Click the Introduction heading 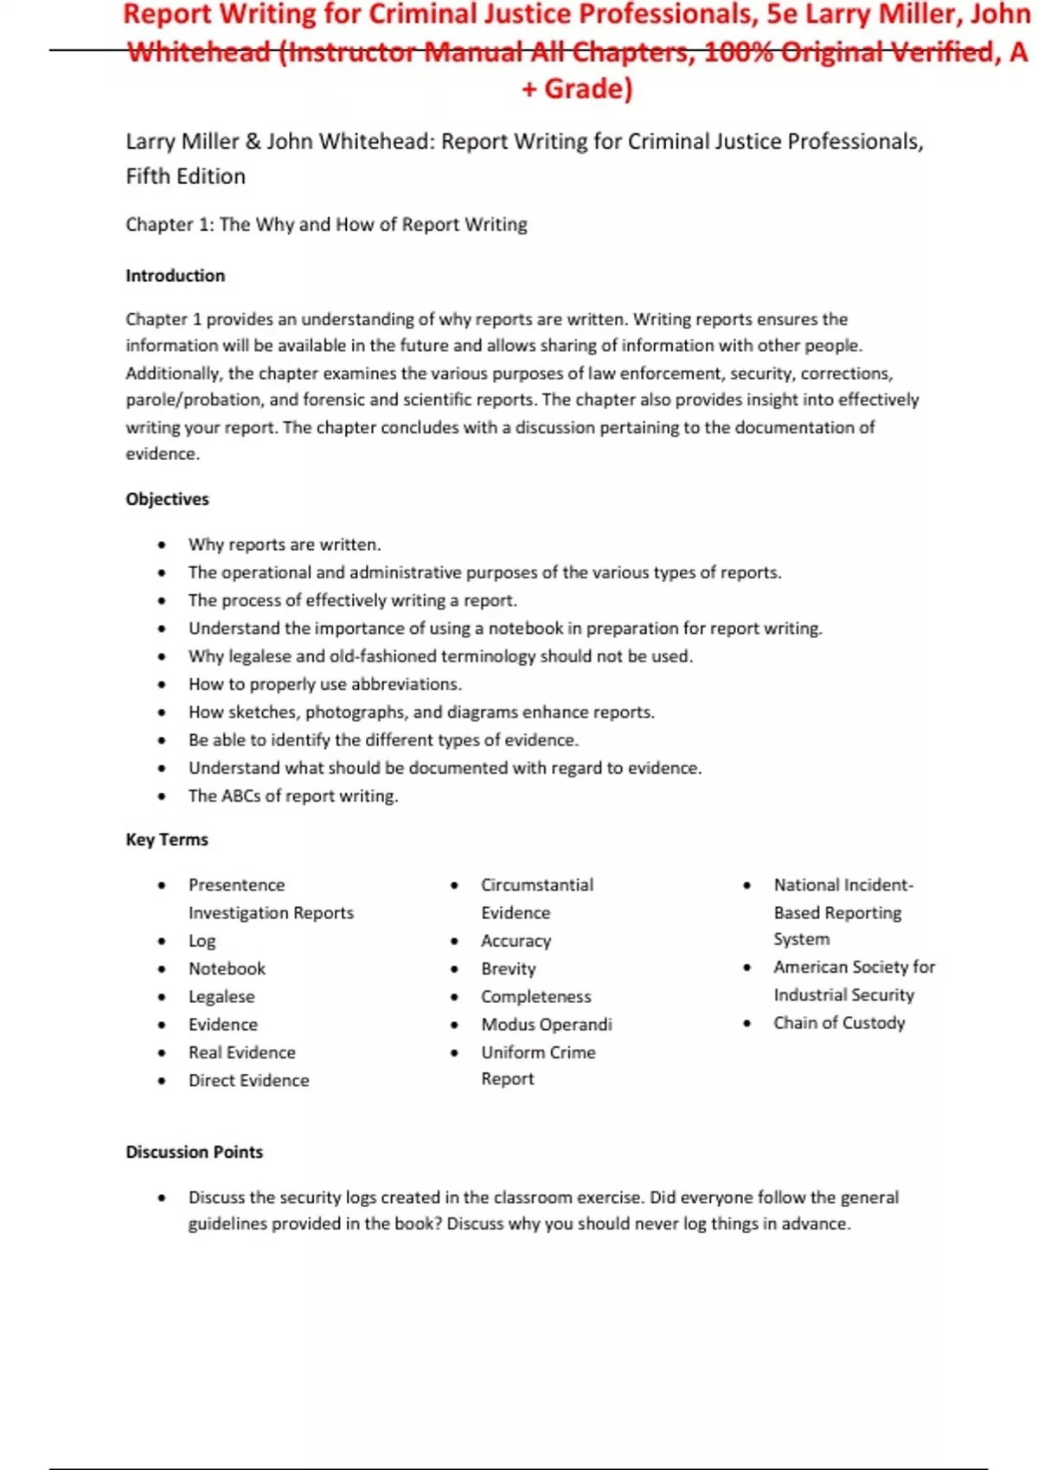(x=175, y=276)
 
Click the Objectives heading (x=167, y=499)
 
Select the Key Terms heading (x=167, y=840)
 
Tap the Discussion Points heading (x=194, y=1152)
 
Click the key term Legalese (x=221, y=997)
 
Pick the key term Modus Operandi (x=546, y=1025)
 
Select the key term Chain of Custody (x=838, y=1023)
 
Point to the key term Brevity (x=508, y=968)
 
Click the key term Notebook (x=227, y=968)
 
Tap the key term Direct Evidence (x=248, y=1080)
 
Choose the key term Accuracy (x=516, y=941)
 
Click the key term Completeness (x=535, y=996)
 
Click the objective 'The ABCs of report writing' (x=293, y=796)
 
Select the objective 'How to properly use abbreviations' (x=324, y=684)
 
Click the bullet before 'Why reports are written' (x=162, y=545)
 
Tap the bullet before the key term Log (x=162, y=942)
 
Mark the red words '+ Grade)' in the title (x=577, y=88)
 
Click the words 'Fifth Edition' (x=185, y=176)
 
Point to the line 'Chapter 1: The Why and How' (x=326, y=225)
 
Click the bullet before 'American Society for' (x=747, y=968)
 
